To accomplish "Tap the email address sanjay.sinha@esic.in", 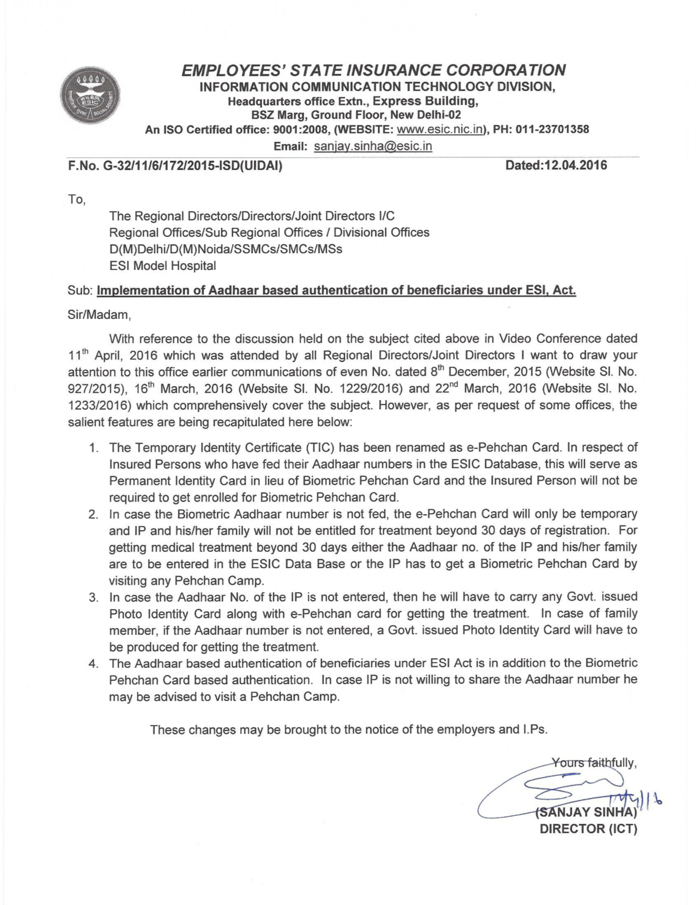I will (372, 146).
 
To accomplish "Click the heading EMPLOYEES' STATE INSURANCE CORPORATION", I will (372, 70).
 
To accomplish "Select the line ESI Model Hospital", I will (162, 266).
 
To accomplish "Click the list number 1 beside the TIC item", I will (92, 448).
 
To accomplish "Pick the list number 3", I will (92, 598).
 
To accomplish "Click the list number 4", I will (92, 663).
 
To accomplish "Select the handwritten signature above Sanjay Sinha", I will (567, 790).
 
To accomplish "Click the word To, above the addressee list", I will (76, 200).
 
